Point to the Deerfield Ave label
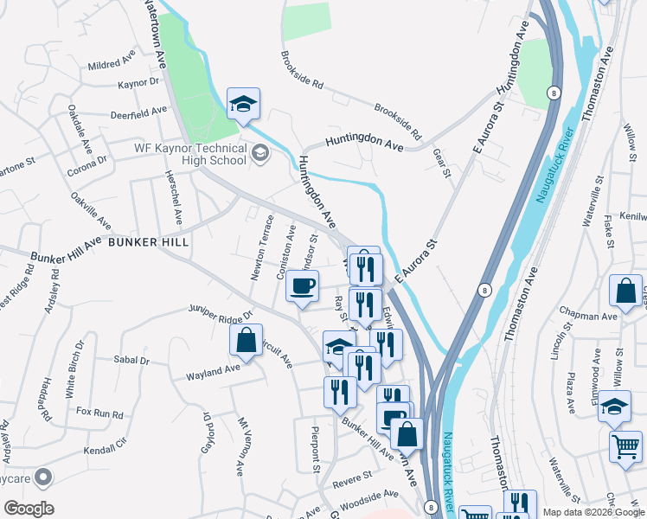[x=139, y=112]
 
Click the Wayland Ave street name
[x=213, y=372]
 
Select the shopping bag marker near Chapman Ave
[x=625, y=292]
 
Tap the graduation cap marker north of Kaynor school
[x=244, y=104]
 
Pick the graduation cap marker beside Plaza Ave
[x=614, y=407]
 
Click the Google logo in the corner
[x=29, y=509]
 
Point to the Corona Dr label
[x=89, y=161]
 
